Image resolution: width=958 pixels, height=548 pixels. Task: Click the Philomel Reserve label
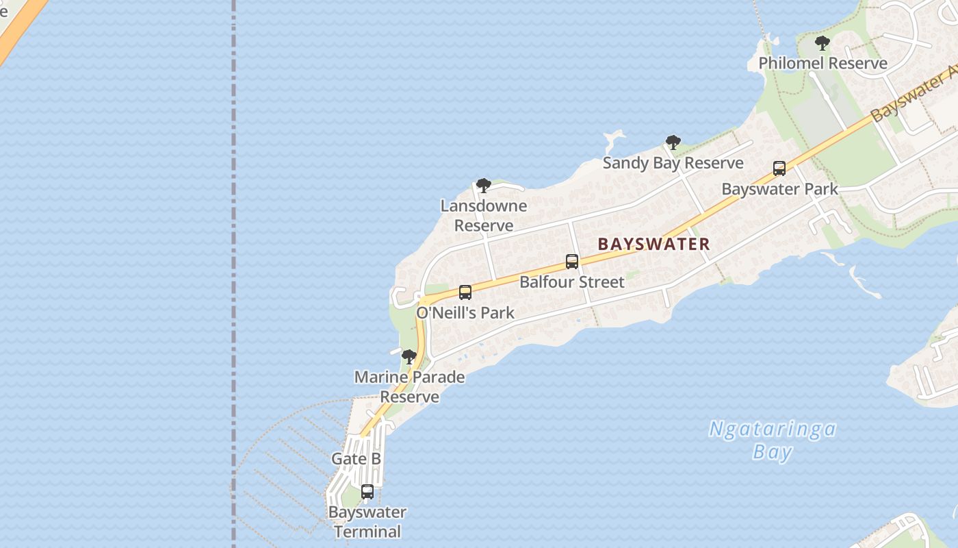tap(823, 63)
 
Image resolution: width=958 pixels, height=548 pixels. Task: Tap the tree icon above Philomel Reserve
tap(823, 44)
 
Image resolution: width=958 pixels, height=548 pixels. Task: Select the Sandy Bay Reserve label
tap(673, 163)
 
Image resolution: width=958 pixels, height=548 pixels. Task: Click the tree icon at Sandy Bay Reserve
tap(673, 142)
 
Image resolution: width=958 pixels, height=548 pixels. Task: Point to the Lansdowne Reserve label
tap(484, 215)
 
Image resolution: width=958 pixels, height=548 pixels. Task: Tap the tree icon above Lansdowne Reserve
tap(484, 186)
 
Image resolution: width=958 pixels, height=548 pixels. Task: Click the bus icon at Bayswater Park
tap(779, 169)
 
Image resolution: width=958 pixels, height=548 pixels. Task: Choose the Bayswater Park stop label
tap(779, 189)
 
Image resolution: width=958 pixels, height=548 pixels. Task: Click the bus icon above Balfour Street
tap(572, 262)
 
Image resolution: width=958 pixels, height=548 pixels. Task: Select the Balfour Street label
tap(571, 282)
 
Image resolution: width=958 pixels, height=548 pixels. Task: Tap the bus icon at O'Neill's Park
tap(465, 292)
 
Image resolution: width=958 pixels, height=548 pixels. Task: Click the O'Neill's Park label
tap(465, 313)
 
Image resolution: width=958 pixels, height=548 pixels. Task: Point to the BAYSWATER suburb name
tap(653, 244)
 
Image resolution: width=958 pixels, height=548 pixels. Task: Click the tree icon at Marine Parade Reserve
tap(409, 357)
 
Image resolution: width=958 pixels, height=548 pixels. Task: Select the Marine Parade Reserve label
tap(409, 386)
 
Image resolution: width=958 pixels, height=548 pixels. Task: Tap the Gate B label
tap(356, 459)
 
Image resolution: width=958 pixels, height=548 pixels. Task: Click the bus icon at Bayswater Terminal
tap(367, 492)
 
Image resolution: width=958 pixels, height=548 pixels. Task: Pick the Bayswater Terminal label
tap(367, 522)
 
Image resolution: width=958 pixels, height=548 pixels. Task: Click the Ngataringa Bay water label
tap(773, 440)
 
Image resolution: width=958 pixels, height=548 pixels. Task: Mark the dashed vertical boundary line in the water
tap(233, 206)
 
